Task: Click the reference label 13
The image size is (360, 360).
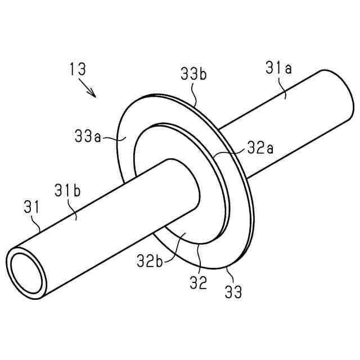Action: pos(78,69)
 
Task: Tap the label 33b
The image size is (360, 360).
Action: pos(193,73)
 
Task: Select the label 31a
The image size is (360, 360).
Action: pos(279,67)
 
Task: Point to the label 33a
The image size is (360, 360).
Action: pos(88,136)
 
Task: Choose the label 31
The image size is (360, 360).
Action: pos(31,207)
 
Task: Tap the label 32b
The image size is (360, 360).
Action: pos(150,261)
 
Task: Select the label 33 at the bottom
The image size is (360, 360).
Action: pos(233,291)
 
